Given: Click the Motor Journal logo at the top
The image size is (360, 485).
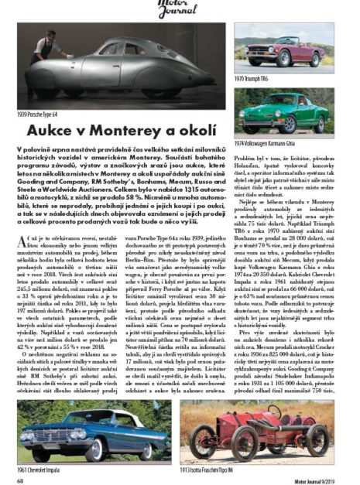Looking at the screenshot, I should (x=180, y=9).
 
